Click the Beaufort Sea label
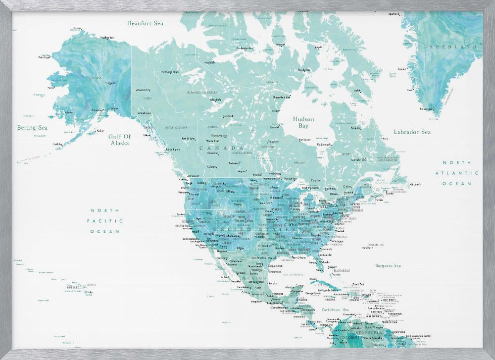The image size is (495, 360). point(146,23)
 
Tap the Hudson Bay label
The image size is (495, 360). point(303,123)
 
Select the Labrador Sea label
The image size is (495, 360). point(412,132)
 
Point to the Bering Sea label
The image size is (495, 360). point(33,128)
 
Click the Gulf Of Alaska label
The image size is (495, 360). point(120,139)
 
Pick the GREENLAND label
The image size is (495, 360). point(452,47)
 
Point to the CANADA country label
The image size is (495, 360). point(222,148)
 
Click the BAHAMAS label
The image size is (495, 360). point(342,271)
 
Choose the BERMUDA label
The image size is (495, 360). point(377,245)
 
